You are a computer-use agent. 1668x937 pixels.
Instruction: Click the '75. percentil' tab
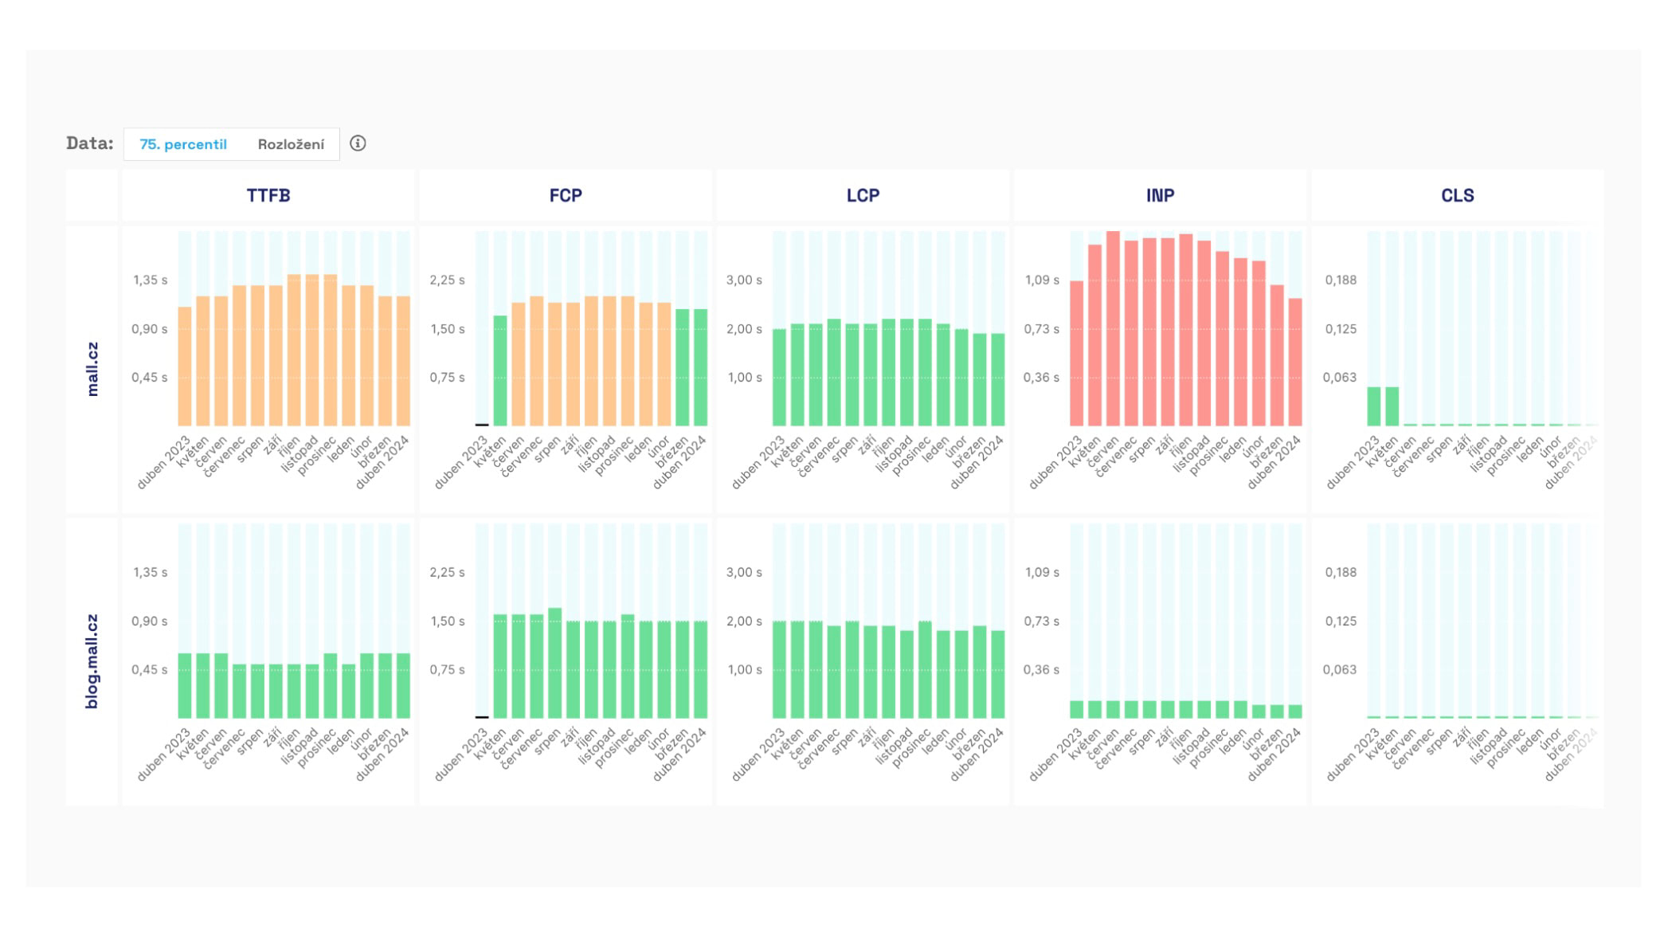coord(183,144)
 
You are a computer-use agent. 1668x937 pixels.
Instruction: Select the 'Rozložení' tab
coord(291,144)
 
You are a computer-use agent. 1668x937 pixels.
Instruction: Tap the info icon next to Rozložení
coord(358,143)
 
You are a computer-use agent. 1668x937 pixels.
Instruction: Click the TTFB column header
coord(268,195)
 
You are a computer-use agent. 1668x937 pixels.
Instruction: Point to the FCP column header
coord(566,195)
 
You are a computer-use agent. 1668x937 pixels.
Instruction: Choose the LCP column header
coord(863,195)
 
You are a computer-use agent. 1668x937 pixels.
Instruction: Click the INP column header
coord(1160,195)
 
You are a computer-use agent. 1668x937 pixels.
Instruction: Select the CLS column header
coord(1457,195)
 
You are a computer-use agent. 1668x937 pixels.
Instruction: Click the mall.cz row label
coord(92,369)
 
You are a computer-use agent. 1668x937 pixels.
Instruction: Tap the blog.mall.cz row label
coord(92,661)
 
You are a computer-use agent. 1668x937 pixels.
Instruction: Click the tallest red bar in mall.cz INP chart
coord(1113,328)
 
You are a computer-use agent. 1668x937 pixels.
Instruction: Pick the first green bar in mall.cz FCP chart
coord(500,370)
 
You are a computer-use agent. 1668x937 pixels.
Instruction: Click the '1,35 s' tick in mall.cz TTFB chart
coord(150,280)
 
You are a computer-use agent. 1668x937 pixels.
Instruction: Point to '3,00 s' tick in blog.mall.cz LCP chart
coord(744,573)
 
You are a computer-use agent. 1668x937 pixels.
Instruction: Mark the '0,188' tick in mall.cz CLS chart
coord(1341,280)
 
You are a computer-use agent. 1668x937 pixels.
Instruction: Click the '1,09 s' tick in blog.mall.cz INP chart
coord(1042,573)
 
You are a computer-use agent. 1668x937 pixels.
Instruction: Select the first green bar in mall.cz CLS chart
coord(1374,406)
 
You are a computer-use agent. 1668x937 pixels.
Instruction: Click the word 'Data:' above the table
coord(90,143)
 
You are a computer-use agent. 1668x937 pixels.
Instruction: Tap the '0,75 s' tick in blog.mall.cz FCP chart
coord(447,670)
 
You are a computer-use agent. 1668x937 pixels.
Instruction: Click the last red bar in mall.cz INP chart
coord(1295,363)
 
